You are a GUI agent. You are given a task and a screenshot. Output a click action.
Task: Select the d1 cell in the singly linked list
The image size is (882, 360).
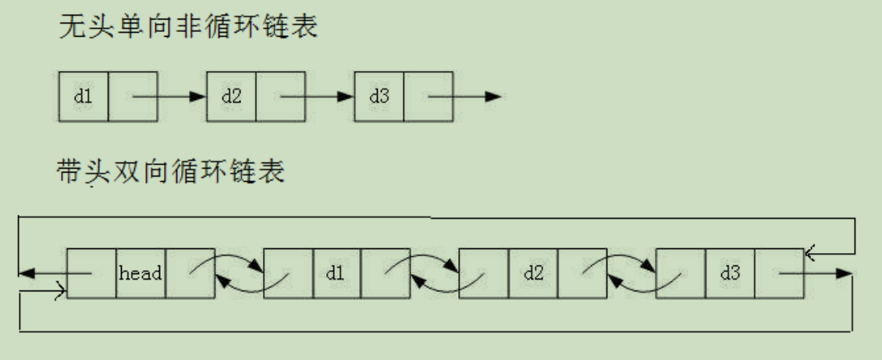click(84, 97)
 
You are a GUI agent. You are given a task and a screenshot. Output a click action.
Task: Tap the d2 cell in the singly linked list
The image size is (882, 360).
click(232, 97)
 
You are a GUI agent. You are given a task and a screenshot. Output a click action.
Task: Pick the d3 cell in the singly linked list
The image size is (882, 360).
click(379, 97)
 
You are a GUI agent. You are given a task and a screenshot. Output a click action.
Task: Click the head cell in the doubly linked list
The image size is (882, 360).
click(140, 273)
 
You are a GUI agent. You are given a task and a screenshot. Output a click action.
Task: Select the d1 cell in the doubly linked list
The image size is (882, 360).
click(336, 273)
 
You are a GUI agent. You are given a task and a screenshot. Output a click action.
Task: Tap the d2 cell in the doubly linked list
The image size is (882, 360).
click(533, 273)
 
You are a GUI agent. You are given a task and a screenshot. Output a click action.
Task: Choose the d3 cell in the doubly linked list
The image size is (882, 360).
click(730, 273)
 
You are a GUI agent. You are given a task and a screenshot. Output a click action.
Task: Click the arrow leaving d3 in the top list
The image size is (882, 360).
click(464, 97)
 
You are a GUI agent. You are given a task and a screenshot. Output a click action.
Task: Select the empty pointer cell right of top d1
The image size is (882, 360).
click(133, 97)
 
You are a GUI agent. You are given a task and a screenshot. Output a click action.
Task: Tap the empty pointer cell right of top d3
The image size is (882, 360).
click(429, 97)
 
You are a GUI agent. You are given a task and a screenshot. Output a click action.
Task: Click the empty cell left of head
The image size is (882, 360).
click(92, 273)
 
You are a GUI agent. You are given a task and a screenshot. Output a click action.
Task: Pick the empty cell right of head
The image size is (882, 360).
click(190, 273)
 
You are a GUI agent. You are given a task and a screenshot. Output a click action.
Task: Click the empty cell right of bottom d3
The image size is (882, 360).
click(779, 273)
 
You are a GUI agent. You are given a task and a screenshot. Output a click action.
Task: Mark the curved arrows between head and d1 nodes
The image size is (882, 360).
click(239, 273)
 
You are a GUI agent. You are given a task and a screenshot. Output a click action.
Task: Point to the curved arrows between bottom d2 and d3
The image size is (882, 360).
click(631, 273)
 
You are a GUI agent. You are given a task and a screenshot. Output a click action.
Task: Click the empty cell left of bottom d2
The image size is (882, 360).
click(484, 273)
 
